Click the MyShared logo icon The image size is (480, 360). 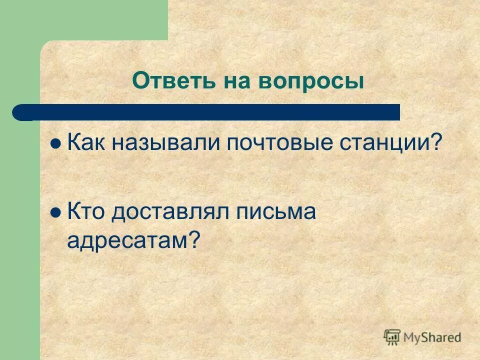coord(392,337)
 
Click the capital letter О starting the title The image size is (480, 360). coord(139,81)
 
